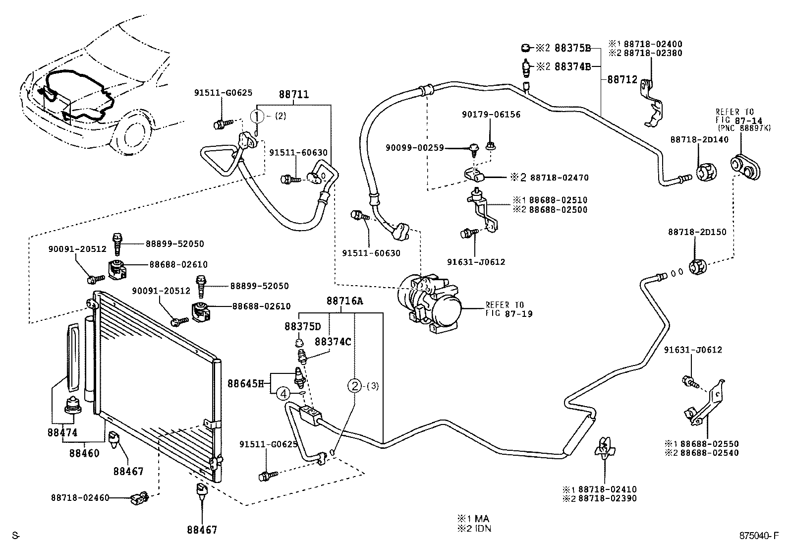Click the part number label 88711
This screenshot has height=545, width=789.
pos(293,94)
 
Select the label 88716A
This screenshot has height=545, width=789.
pos(344,301)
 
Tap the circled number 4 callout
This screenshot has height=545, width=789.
pos(282,394)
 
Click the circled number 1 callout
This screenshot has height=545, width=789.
pos(257,117)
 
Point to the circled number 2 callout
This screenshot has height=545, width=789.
pos(355,385)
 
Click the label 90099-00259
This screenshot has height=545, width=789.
pos(415,148)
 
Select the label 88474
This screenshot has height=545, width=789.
pos(62,432)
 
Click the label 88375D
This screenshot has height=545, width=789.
pos(303,327)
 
